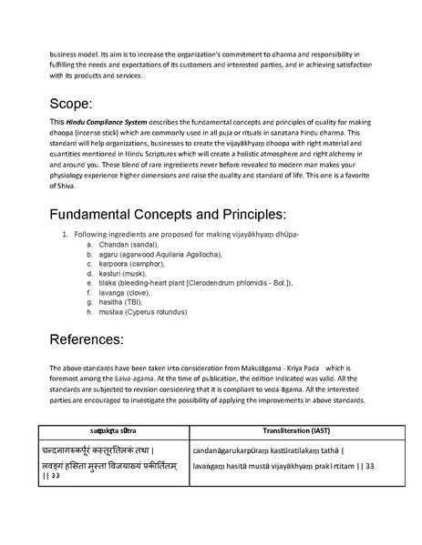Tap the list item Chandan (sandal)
coord(127,246)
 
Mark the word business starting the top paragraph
coord(66,54)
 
